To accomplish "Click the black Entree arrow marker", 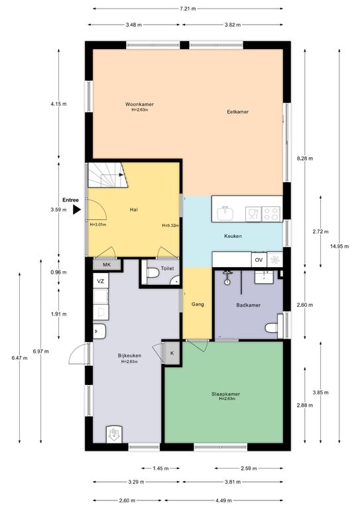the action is point(76,209).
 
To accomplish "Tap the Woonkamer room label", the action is point(140,104).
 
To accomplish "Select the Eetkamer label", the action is point(237,111).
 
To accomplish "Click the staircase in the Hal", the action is point(107,175).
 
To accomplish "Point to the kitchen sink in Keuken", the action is point(226,213).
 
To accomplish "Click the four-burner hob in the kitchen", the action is point(270,214).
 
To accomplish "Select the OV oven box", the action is point(259,260).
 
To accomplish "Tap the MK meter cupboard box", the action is point(107,265).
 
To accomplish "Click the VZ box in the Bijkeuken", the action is point(101,281).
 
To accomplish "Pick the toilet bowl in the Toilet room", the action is point(152,273).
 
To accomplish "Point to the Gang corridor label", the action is point(198,304).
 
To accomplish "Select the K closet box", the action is point(172,353).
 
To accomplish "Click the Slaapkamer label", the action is point(225,394).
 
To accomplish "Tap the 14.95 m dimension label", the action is point(339,247).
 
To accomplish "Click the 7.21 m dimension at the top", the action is point(188,9).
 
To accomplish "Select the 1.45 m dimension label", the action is point(160,469).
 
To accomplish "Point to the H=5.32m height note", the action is point(170,225).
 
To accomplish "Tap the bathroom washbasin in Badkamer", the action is point(265,276).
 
